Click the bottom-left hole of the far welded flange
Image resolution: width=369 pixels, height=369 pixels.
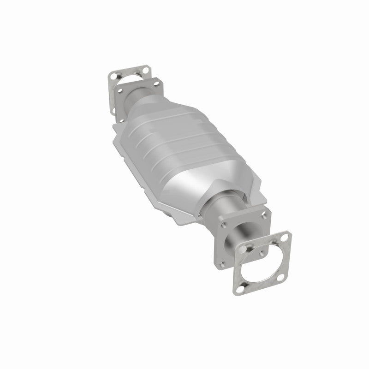(121, 113)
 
